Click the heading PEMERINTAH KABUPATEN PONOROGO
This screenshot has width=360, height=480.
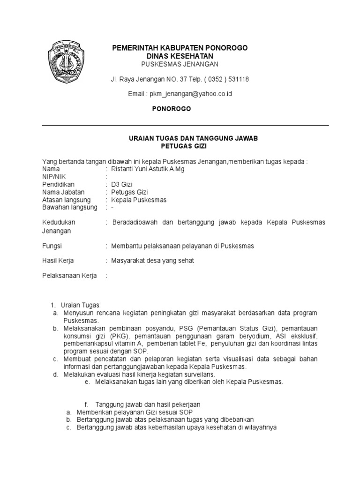(x=179, y=48)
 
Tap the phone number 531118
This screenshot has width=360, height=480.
(x=239, y=79)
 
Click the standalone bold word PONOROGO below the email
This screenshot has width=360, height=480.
(x=172, y=109)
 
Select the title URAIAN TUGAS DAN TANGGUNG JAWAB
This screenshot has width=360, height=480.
(x=194, y=139)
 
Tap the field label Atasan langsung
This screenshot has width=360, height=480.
(x=66, y=200)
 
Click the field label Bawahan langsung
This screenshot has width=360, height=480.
(x=70, y=207)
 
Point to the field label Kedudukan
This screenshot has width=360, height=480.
(x=59, y=222)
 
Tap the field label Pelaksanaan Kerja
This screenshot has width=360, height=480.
(x=69, y=276)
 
